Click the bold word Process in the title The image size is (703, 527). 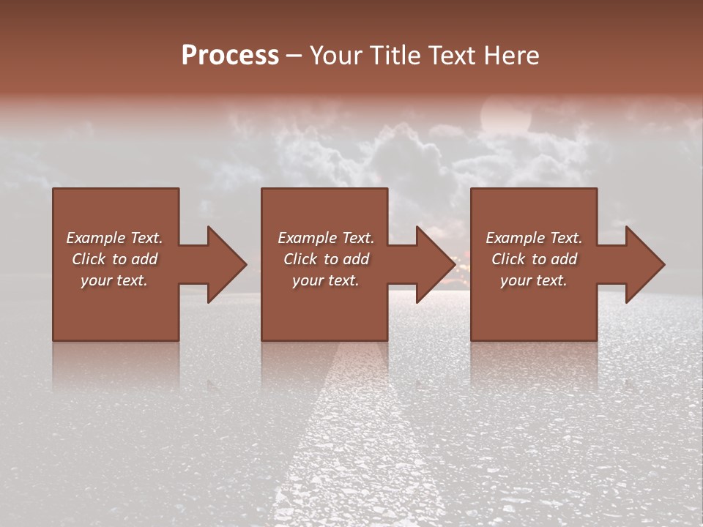[x=230, y=56]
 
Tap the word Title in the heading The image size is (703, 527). [x=393, y=56]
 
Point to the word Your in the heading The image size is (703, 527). [x=338, y=56]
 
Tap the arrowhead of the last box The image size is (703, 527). [x=644, y=264]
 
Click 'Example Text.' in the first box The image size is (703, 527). [x=114, y=238]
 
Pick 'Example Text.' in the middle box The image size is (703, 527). [x=326, y=238]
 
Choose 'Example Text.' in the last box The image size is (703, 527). [x=534, y=238]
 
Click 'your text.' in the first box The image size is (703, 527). [x=114, y=280]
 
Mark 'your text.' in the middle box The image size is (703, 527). [x=326, y=280]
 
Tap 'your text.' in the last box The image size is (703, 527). [x=534, y=280]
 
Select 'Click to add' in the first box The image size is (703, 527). [x=114, y=259]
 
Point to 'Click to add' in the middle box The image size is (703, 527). [x=326, y=259]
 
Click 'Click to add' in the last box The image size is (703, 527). [x=534, y=259]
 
